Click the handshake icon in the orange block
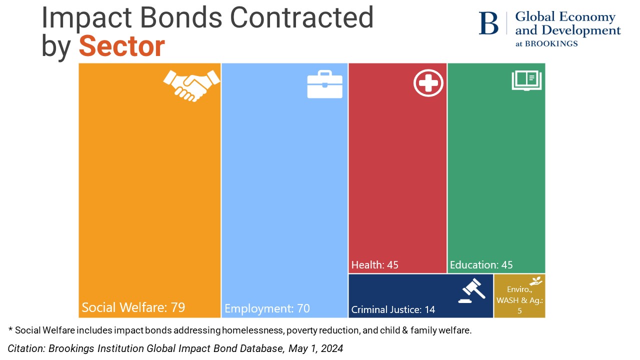tap(191, 85)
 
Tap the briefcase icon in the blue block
tap(324, 84)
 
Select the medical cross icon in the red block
tap(428, 83)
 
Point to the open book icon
tap(526, 81)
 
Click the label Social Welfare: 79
tap(133, 307)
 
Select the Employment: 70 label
tap(267, 308)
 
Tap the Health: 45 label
tap(375, 265)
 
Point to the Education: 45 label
tap(481, 265)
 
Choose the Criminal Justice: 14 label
tap(393, 309)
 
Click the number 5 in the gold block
tap(519, 310)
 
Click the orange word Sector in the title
tap(121, 46)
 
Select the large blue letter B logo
tap(488, 23)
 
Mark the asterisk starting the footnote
tap(10, 329)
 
